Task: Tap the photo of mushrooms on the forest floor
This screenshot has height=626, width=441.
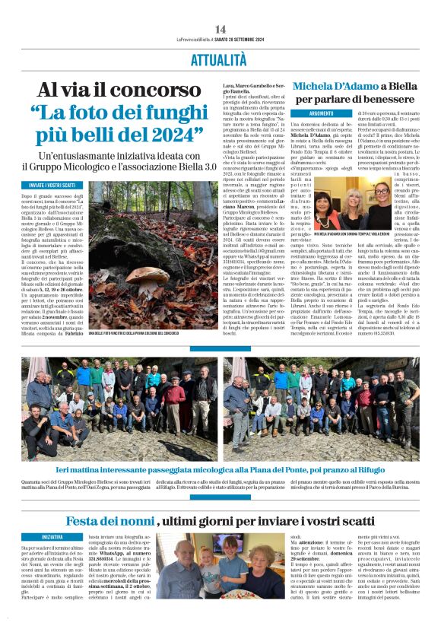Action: [x=153, y=266]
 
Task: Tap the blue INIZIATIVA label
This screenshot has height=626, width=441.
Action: [x=52, y=536]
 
